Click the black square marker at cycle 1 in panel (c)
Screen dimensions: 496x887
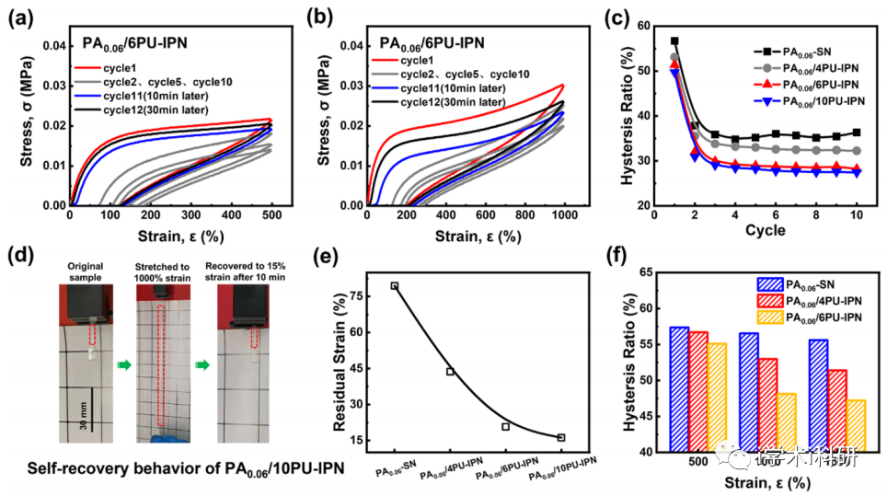[674, 41]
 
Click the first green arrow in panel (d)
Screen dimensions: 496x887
[125, 364]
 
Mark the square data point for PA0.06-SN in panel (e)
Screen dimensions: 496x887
[395, 286]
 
